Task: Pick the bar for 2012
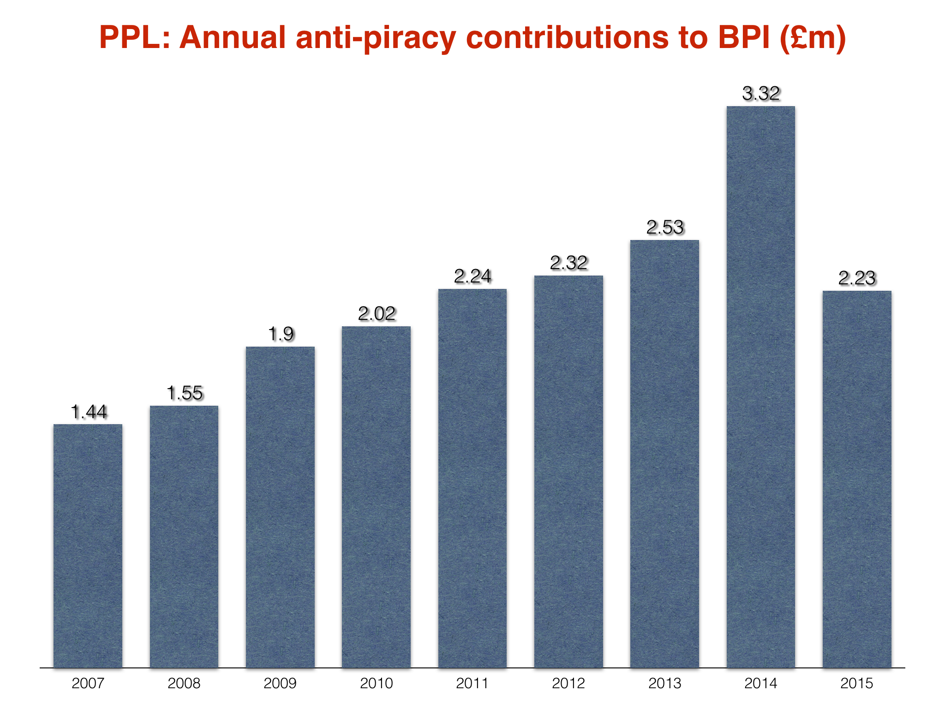[568, 471]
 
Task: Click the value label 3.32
[761, 94]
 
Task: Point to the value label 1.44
[89, 412]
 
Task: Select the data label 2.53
[665, 228]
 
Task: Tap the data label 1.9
[281, 334]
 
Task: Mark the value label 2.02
[377, 314]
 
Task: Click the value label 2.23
[857, 278]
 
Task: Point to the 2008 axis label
[184, 683]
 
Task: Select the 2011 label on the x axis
[472, 683]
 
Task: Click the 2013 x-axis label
[664, 683]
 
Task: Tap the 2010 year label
[376, 683]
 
